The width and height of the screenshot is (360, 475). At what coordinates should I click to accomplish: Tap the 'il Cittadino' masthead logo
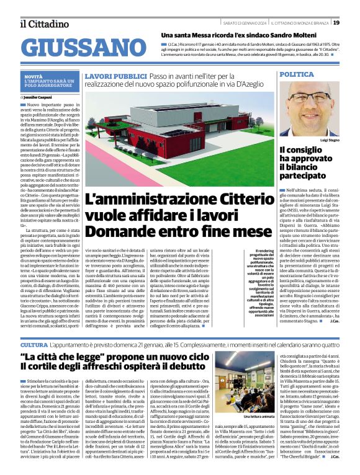point(43,23)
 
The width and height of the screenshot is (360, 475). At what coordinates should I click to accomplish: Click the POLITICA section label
point(297,74)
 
